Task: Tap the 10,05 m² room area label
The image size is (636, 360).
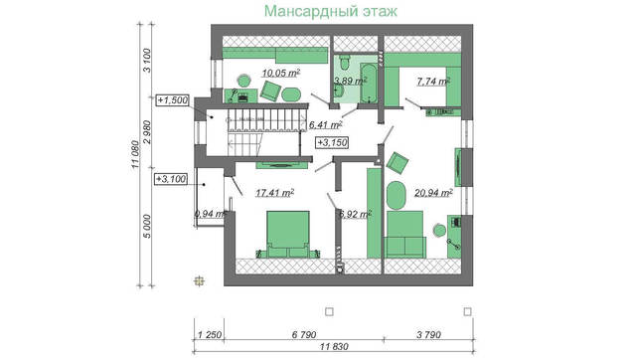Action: (281, 73)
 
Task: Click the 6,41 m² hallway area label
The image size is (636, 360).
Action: (325, 125)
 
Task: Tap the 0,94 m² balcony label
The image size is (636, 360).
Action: (211, 213)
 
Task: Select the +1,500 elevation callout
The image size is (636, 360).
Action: (175, 100)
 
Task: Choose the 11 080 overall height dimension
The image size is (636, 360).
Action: (135, 156)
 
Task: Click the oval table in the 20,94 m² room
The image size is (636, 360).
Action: (396, 195)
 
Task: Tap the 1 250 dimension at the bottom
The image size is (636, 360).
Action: (209, 335)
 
